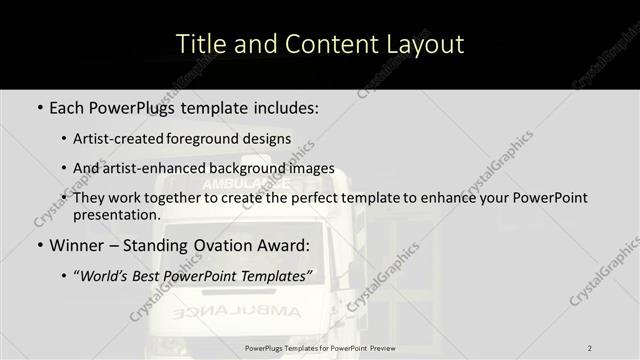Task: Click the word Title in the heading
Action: pyautogui.click(x=198, y=45)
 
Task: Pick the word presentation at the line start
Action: pyautogui.click(x=116, y=215)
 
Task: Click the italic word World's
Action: pyautogui.click(x=107, y=275)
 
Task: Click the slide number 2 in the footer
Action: pyautogui.click(x=590, y=348)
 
